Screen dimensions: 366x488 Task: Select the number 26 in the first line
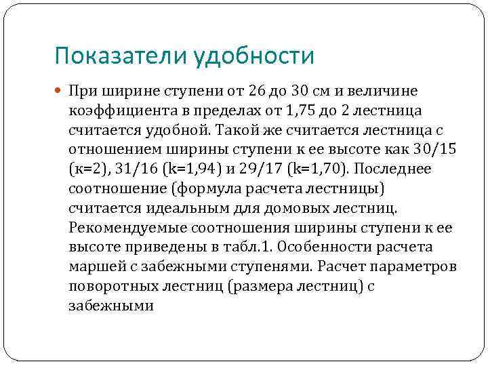coord(237,91)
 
